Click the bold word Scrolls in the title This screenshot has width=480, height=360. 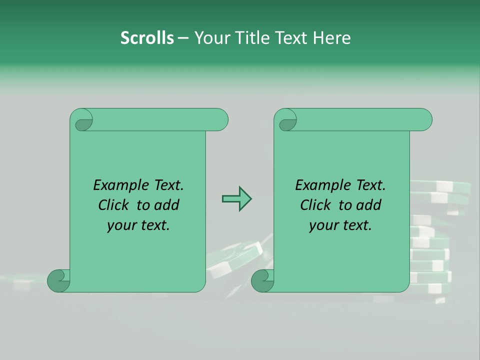(x=147, y=38)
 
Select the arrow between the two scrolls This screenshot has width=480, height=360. (x=236, y=199)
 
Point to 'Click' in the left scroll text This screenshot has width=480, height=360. (x=114, y=205)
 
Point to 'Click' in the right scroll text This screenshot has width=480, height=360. (x=316, y=205)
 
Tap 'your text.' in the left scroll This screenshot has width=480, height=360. (x=138, y=225)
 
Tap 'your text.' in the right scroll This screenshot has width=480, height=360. (x=340, y=225)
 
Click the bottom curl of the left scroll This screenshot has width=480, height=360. (x=58, y=280)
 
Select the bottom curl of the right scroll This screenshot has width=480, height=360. (x=262, y=280)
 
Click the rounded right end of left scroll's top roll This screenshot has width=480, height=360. (x=220, y=120)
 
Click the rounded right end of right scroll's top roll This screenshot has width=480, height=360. (x=424, y=120)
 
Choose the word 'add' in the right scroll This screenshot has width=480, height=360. (x=369, y=205)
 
